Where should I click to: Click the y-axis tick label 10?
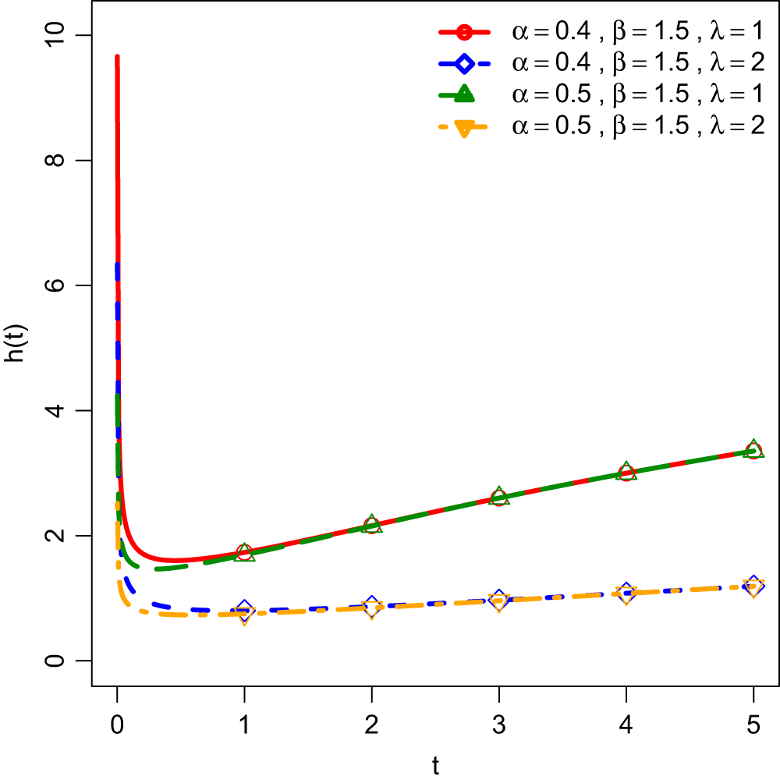click(x=58, y=35)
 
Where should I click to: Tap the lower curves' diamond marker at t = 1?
click(x=244, y=610)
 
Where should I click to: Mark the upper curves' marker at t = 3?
click(x=499, y=497)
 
